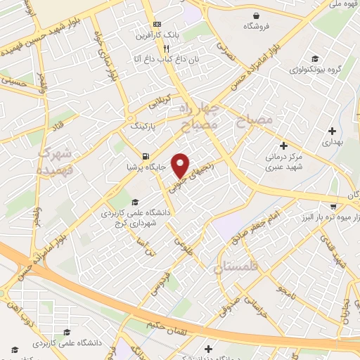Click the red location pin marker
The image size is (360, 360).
[181, 165]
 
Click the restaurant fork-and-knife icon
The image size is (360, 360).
[166, 49]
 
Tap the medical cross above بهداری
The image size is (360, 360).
[332, 131]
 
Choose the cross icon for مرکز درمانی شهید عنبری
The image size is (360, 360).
[283, 146]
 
